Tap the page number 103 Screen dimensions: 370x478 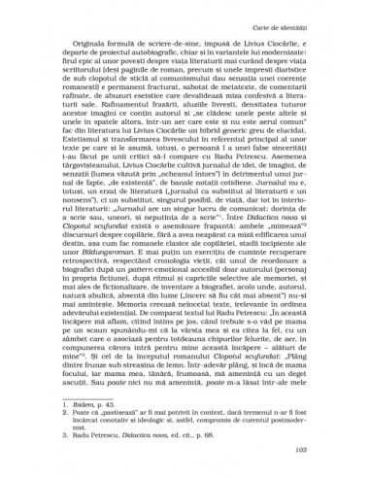[301, 449]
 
